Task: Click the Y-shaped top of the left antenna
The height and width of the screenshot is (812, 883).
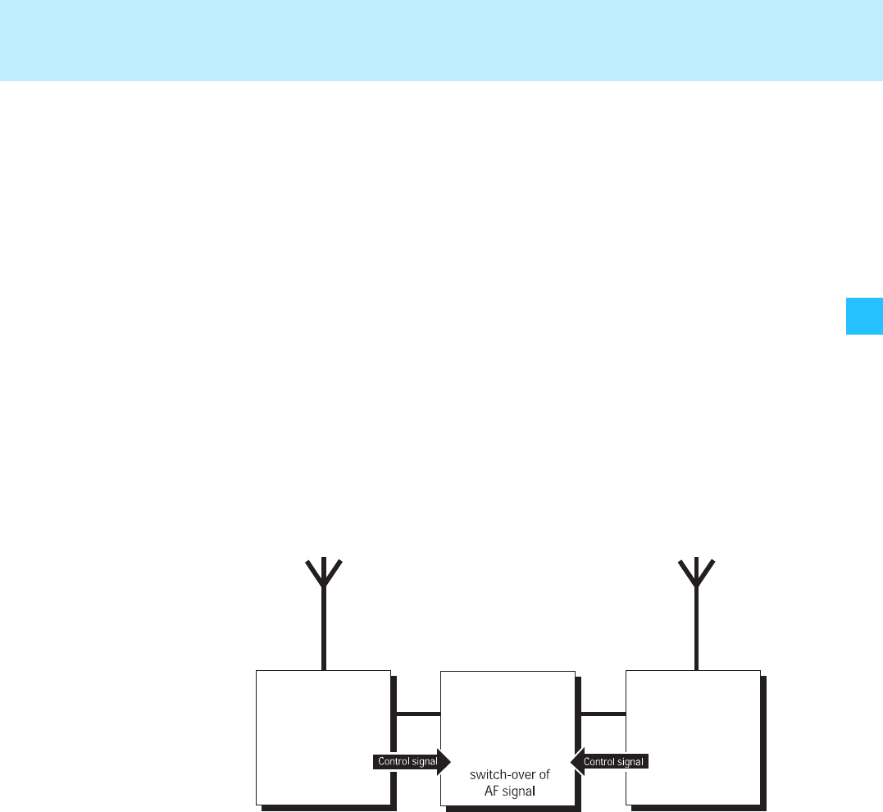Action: point(324,571)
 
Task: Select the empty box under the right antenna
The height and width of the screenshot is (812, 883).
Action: point(693,722)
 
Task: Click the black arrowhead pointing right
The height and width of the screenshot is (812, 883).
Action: point(444,762)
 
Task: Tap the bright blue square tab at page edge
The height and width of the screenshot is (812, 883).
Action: point(864,316)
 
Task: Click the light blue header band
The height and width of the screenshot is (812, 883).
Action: point(441,39)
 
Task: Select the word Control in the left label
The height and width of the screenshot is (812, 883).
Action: point(393,762)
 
